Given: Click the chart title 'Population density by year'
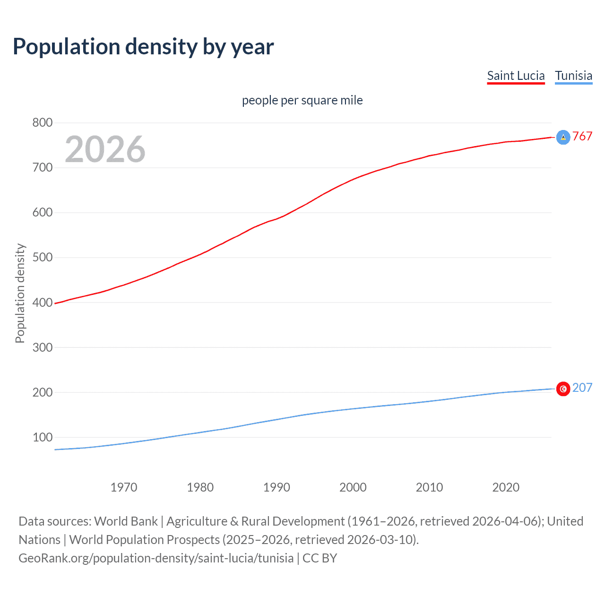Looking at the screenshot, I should point(143,46).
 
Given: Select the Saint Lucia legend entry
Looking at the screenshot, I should point(516,76).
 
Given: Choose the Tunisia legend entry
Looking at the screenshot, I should point(573,76).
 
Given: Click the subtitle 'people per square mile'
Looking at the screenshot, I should point(302,100).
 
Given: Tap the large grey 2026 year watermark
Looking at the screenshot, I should point(105,149).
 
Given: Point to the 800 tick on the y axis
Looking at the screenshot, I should point(42,123).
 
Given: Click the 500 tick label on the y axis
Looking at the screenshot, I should point(42,258).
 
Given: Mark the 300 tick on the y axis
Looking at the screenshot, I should point(42,347).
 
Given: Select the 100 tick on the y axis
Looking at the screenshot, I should point(42,437).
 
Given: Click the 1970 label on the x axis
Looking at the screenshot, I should point(124,487).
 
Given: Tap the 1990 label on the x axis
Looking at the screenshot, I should point(277,487).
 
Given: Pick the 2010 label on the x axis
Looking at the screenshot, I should point(429,487).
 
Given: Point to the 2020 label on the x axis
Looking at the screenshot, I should point(506,487).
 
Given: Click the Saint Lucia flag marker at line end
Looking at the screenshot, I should point(563,137).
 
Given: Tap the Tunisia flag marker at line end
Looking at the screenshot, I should point(563,389).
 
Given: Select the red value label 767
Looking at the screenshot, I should point(582,137).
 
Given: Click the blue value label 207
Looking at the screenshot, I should point(582,388).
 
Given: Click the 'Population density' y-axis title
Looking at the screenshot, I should point(20,293).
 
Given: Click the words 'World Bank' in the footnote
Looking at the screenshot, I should point(126,521).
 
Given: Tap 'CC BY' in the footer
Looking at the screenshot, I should point(320,558).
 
